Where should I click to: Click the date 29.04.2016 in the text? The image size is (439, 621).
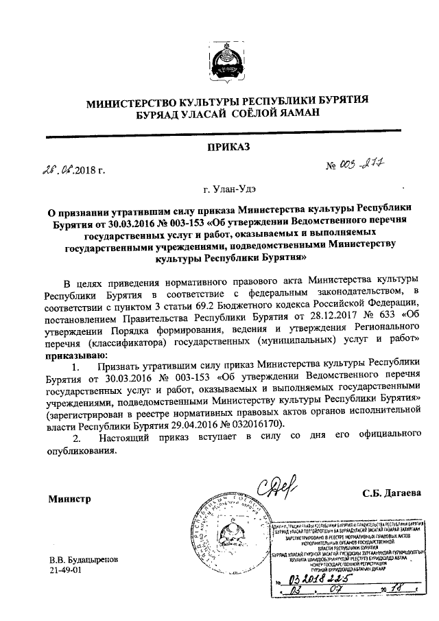pos(179,425)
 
